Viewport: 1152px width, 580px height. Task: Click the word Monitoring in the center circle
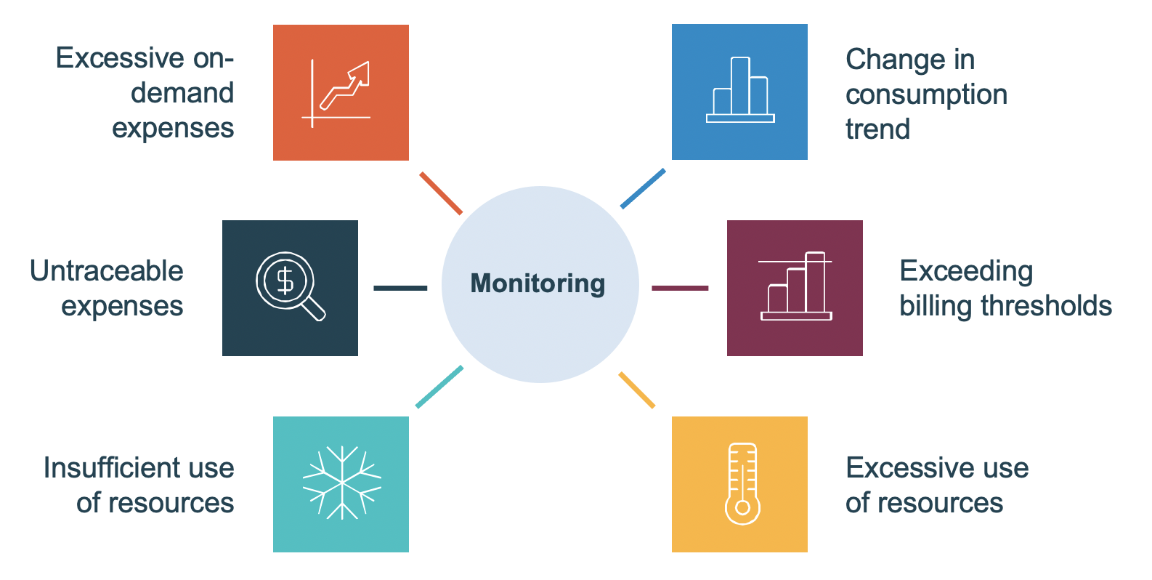[538, 283]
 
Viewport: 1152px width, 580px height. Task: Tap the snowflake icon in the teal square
[341, 483]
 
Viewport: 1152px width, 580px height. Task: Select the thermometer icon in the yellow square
[742, 483]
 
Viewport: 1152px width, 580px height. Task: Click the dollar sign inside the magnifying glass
[285, 280]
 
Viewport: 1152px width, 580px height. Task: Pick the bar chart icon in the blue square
[740, 91]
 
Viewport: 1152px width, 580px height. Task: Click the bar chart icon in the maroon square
[797, 287]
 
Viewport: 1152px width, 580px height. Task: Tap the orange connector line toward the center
[441, 193]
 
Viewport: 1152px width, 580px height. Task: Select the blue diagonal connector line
[643, 189]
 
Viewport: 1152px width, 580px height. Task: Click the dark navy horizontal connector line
[400, 288]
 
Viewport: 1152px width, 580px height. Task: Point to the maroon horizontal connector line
[680, 288]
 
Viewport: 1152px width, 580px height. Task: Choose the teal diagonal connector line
[439, 387]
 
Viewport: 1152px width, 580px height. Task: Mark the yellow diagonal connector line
[637, 390]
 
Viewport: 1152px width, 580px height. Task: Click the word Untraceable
[107, 271]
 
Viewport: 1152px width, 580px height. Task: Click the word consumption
[926, 94]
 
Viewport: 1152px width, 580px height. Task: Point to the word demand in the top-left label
[182, 93]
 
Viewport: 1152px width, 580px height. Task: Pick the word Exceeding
[965, 271]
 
